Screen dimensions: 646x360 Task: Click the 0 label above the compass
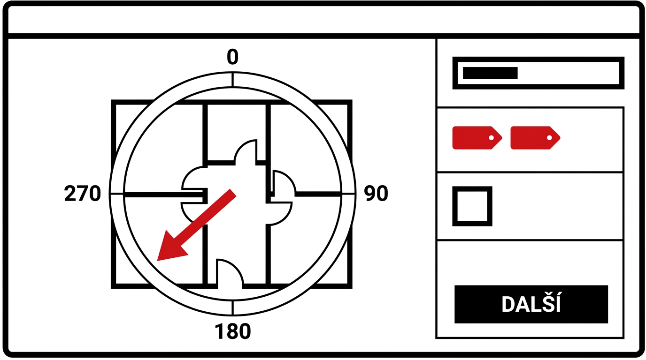232,57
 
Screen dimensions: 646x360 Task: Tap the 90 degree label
376,193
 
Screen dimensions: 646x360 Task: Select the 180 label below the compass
232,331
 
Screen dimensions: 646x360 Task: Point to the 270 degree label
83,193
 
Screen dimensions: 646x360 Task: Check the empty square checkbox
472,206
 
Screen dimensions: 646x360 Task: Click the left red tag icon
477,138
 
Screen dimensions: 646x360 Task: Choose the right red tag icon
535,138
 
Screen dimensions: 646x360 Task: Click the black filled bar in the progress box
490,73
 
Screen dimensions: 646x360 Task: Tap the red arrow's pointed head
157,260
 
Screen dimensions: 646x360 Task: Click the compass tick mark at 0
232,80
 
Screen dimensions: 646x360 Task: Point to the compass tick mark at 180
232,308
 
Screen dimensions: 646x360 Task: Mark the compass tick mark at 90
348,194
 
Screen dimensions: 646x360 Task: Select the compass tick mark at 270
116,194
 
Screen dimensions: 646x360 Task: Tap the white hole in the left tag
491,138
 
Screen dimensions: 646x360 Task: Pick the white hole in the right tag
549,138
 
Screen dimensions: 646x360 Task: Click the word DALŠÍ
531,304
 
